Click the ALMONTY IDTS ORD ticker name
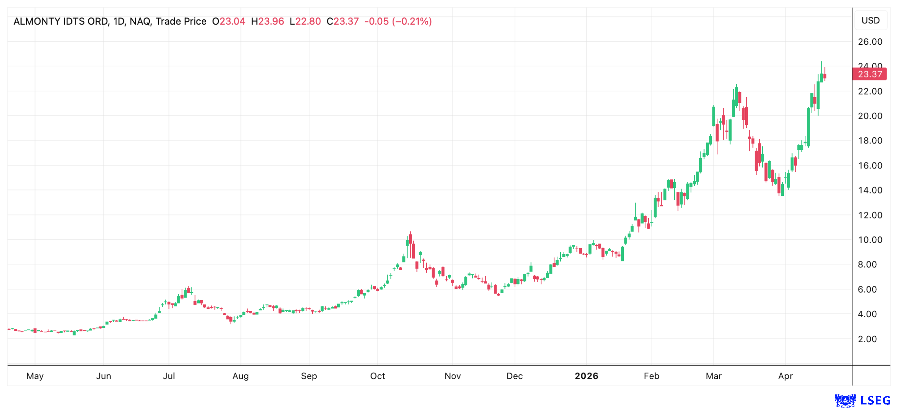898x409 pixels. coord(60,21)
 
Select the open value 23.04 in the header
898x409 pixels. coord(232,21)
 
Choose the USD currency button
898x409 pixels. coord(870,20)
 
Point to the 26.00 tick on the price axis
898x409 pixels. coord(870,42)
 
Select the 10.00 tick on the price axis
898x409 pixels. coord(870,240)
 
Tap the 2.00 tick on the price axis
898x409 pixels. coord(870,339)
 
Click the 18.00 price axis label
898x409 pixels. coord(870,141)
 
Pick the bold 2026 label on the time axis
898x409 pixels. coord(586,376)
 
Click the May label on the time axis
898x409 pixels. coord(35,376)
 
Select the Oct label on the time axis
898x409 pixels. coord(377,376)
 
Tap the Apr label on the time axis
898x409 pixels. coord(785,376)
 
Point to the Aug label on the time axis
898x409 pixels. coord(240,376)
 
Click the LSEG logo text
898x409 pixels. coord(875,400)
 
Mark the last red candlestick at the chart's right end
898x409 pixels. coord(825,76)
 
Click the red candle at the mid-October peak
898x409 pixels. coord(410,239)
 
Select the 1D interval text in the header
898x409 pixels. coord(119,21)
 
